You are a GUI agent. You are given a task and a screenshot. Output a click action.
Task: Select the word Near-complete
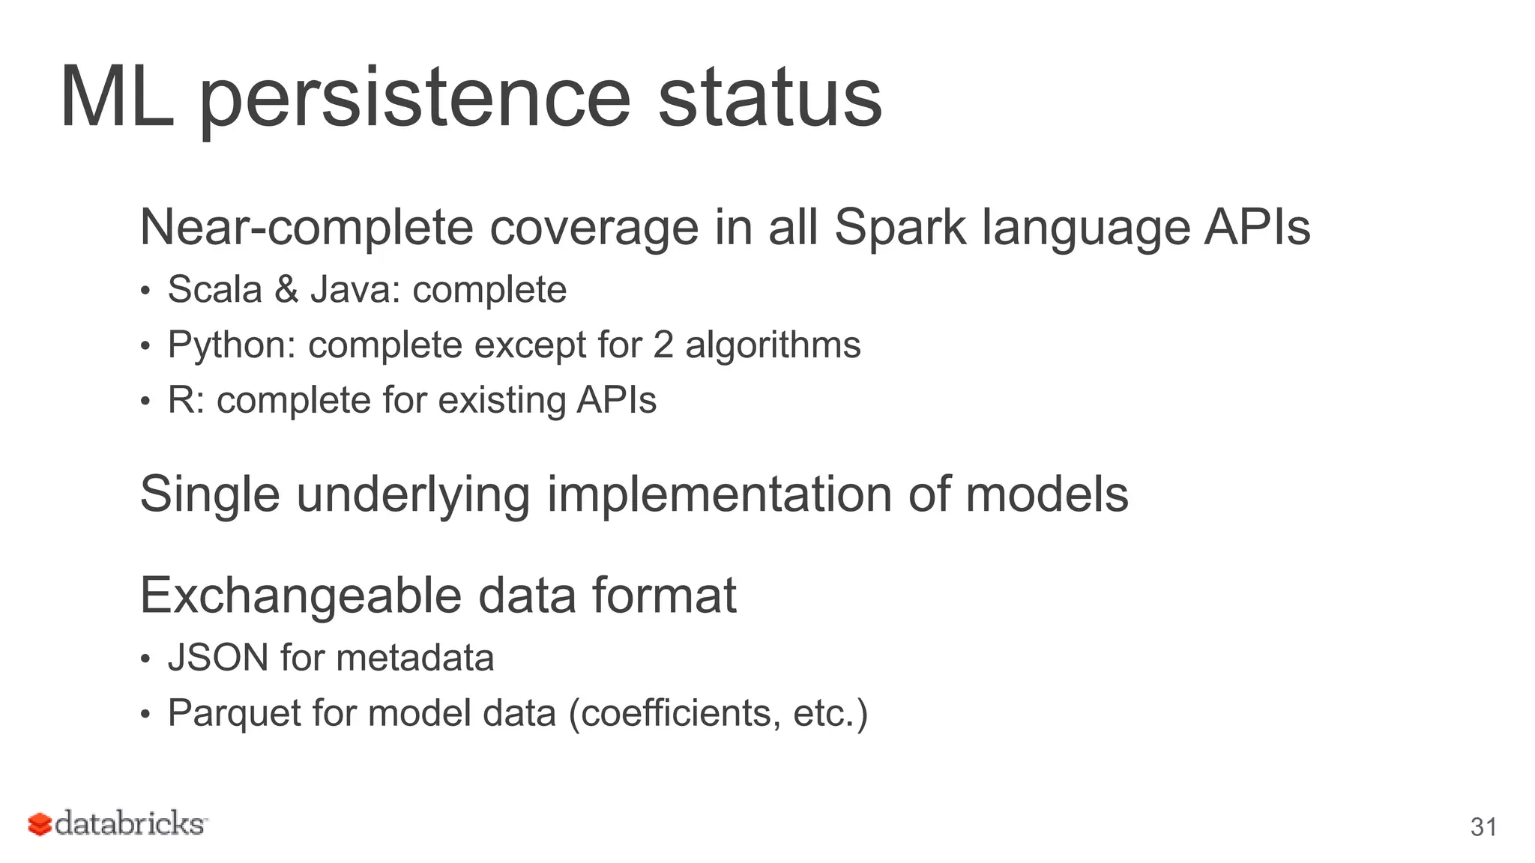coord(307,228)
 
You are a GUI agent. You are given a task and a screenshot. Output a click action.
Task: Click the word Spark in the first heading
coord(899,228)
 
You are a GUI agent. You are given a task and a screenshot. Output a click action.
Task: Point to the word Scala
coord(214,290)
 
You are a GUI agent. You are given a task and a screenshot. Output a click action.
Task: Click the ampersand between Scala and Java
coord(286,290)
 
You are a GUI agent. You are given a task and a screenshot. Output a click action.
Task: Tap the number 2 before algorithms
coord(663,345)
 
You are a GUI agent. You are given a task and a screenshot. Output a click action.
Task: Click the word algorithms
coord(773,345)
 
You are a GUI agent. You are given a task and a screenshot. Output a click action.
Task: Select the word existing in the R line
coord(501,401)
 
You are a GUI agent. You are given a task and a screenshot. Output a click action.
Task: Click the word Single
coord(210,495)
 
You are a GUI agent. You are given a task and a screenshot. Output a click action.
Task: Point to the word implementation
coord(720,495)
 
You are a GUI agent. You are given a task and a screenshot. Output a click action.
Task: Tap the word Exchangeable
coord(301,596)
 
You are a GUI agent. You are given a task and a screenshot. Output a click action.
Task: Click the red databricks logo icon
coord(39,824)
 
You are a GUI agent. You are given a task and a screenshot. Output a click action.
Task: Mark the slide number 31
coord(1483,827)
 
